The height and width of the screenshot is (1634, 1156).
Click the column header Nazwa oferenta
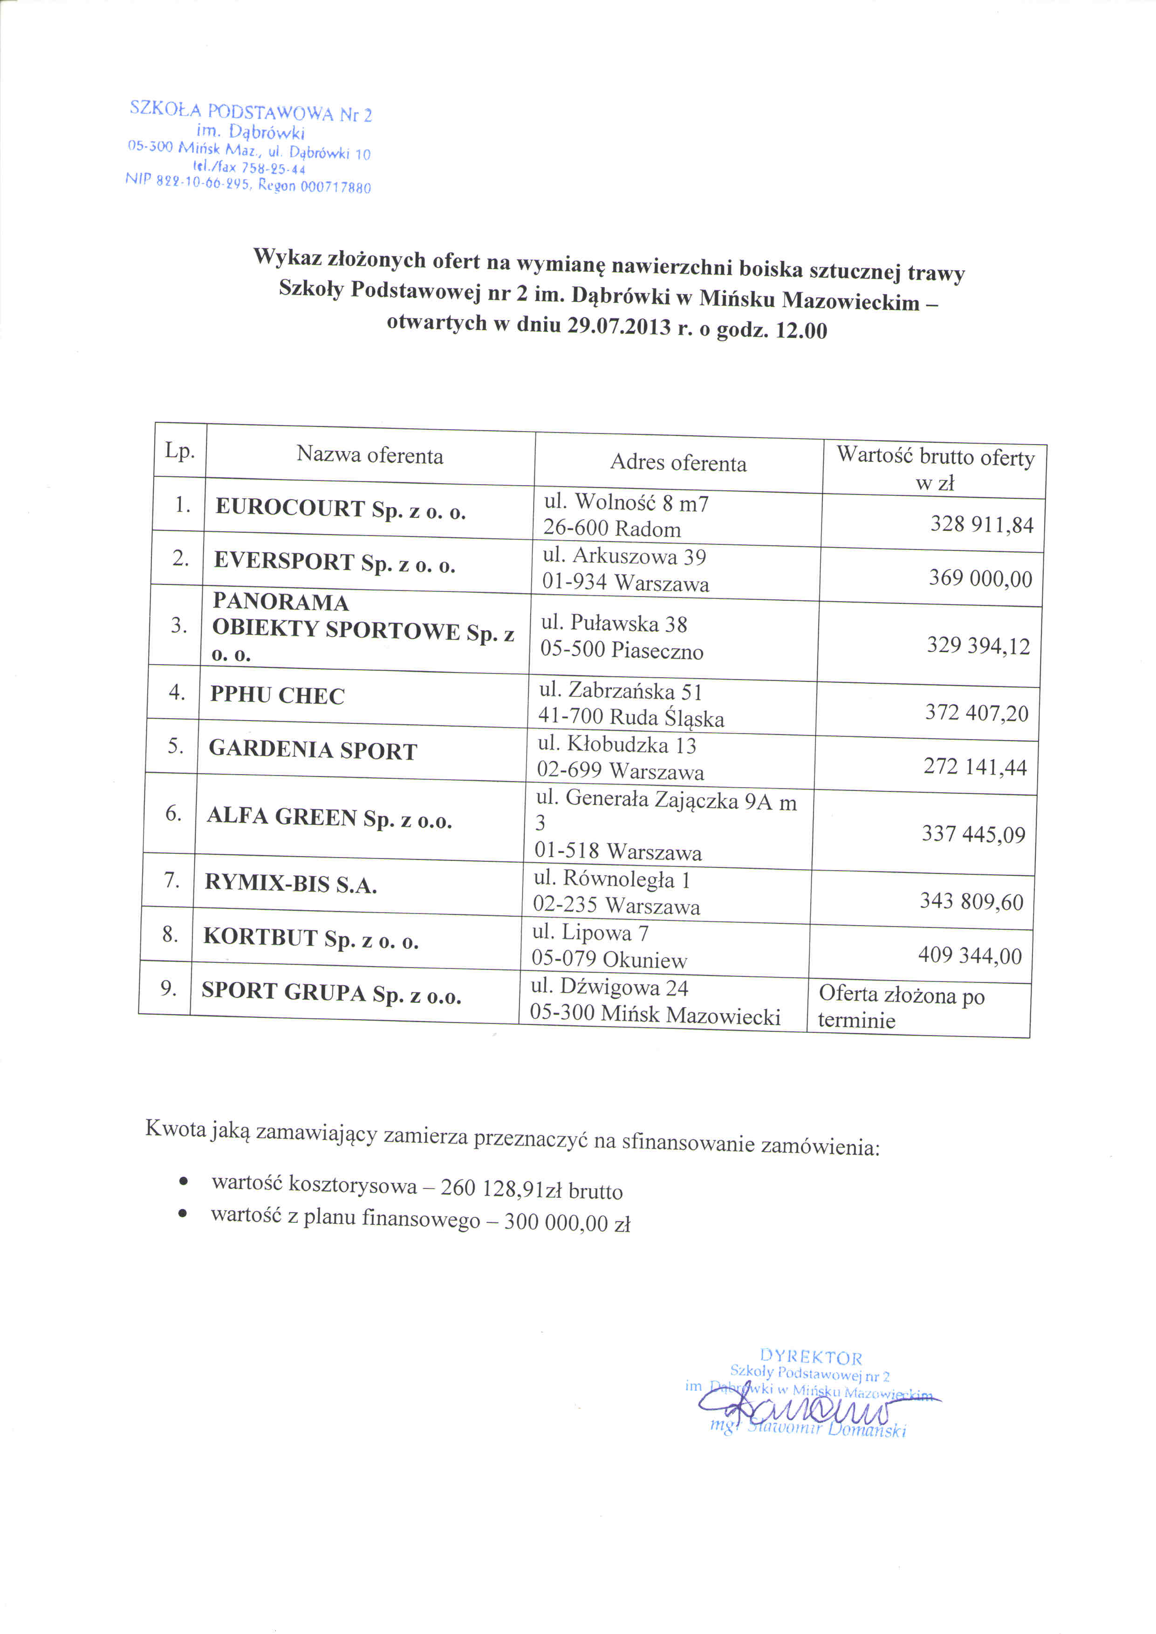369,455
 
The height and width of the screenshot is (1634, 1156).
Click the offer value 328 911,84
982,525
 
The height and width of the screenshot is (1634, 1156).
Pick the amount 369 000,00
980,578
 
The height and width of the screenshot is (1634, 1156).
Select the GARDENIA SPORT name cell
313,750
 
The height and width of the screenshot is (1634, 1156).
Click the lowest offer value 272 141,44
975,767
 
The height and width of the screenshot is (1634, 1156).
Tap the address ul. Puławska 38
614,624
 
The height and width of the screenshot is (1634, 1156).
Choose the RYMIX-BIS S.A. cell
290,884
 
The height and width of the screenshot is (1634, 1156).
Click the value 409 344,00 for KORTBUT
970,955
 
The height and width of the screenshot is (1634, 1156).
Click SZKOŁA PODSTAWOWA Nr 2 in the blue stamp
251,112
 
